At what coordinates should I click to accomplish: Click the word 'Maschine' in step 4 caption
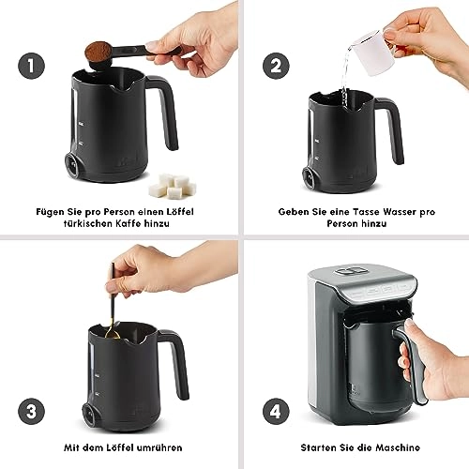393,446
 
